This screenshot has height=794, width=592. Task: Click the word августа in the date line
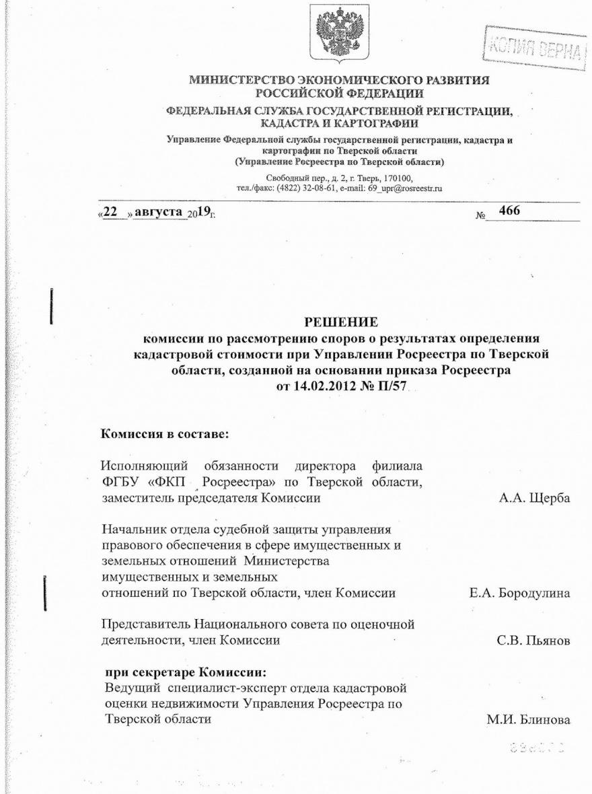coord(159,213)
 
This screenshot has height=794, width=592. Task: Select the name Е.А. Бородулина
coord(520,594)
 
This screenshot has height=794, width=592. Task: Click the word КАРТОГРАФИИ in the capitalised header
coord(381,123)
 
